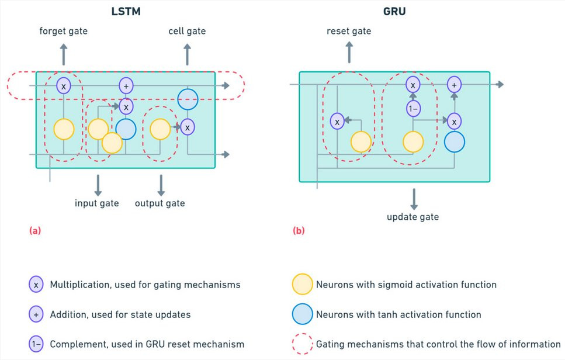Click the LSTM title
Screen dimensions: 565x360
(x=126, y=11)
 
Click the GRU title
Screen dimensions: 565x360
(x=394, y=11)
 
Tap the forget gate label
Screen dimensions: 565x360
(x=64, y=31)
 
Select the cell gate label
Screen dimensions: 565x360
(x=187, y=31)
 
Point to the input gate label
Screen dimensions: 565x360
(x=96, y=203)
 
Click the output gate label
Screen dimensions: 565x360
(x=160, y=203)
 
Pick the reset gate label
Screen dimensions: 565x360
(x=349, y=31)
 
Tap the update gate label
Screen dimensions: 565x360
(x=413, y=217)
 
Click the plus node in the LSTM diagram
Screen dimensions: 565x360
(x=126, y=86)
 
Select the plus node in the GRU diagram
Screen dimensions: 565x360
(x=454, y=85)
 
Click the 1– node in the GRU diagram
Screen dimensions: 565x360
(x=413, y=109)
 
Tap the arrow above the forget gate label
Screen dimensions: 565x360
(x=64, y=54)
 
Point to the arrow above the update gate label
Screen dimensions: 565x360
(x=414, y=199)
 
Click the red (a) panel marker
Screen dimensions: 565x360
(x=35, y=230)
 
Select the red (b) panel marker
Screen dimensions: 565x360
(x=299, y=230)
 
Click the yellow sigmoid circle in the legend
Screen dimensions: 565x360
(x=302, y=285)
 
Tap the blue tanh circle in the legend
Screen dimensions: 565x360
(x=302, y=314)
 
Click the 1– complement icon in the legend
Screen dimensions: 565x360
(x=36, y=344)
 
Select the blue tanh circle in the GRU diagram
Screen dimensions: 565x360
(x=455, y=141)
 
